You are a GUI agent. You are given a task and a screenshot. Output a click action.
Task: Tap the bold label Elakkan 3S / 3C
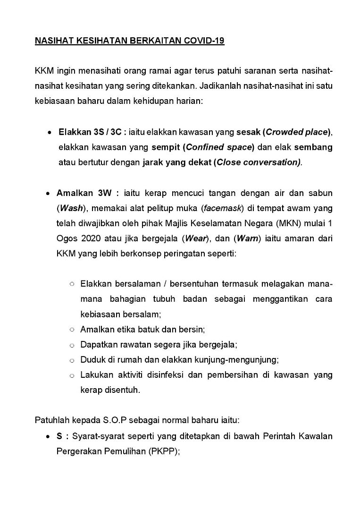[92, 131]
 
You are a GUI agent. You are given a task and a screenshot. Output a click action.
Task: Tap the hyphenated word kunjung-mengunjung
[236, 360]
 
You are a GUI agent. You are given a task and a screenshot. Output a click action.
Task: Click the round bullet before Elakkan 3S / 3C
[49, 132]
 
